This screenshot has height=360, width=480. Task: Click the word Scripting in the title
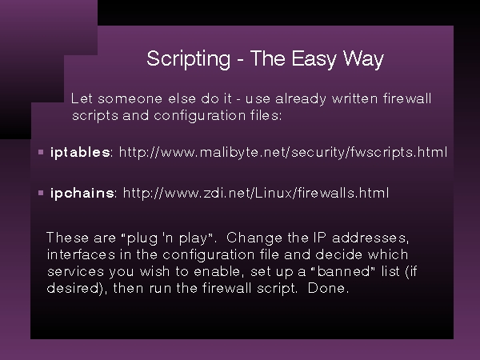pyautogui.click(x=188, y=59)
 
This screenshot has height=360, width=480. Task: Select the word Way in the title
pyautogui.click(x=363, y=59)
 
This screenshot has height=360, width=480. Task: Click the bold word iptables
pyautogui.click(x=80, y=153)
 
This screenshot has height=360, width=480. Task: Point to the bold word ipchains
pyautogui.click(x=82, y=193)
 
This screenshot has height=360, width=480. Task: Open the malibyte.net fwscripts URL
pyautogui.click(x=283, y=153)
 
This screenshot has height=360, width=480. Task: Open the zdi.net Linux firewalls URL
pyautogui.click(x=256, y=193)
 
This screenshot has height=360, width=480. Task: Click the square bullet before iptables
pyautogui.click(x=41, y=152)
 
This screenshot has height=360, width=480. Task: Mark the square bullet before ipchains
pyautogui.click(x=41, y=193)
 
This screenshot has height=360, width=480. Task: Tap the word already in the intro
pyautogui.click(x=301, y=99)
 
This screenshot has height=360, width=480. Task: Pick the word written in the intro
pyautogui.click(x=354, y=98)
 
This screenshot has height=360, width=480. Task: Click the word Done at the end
pyautogui.click(x=326, y=288)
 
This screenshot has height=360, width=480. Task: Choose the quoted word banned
pyautogui.click(x=344, y=271)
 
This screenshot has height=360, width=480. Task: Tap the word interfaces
pyautogui.click(x=81, y=254)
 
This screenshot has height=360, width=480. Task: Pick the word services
pyautogui.click(x=76, y=271)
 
